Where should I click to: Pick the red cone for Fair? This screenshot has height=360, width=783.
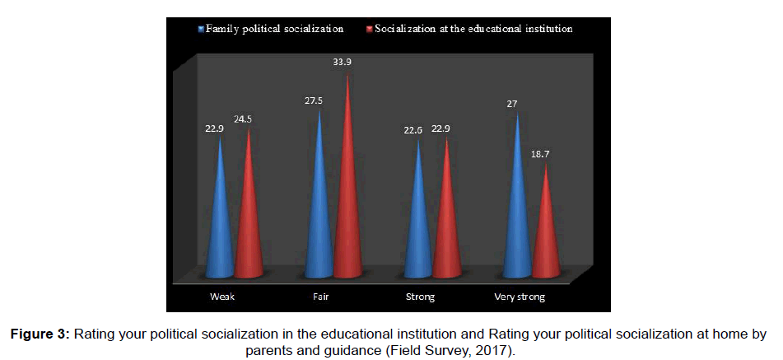pyautogui.click(x=347, y=198)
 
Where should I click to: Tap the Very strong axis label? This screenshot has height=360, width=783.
pyautogui.click(x=520, y=297)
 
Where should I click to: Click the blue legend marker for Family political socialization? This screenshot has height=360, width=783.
pyautogui.click(x=200, y=29)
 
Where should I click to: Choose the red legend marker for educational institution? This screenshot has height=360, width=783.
pyautogui.click(x=370, y=29)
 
